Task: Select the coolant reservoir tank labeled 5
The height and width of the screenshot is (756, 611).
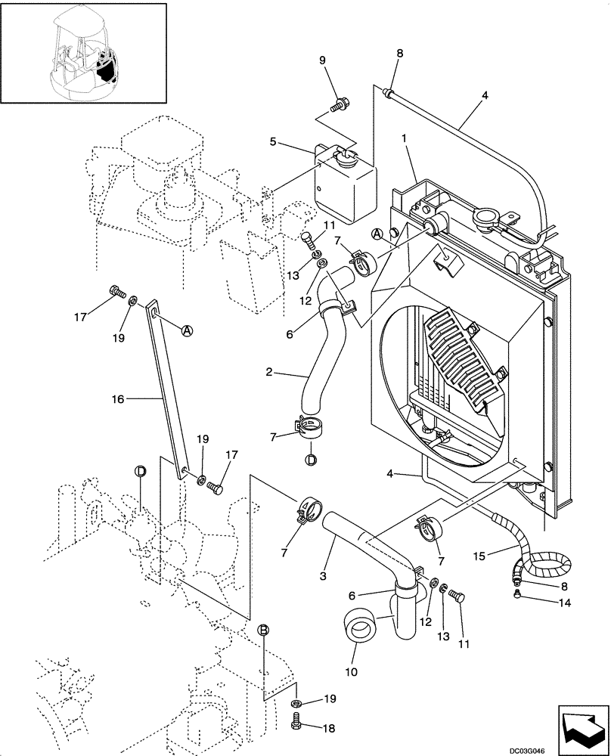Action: pos(344,184)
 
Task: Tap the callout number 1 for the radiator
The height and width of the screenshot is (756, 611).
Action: pos(405,139)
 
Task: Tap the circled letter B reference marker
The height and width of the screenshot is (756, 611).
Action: pos(263,630)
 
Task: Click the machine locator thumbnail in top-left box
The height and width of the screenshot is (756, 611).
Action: pos(84,52)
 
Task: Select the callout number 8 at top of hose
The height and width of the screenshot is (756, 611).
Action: pos(400,54)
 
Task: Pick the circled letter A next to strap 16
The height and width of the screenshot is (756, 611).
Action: pos(188,330)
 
